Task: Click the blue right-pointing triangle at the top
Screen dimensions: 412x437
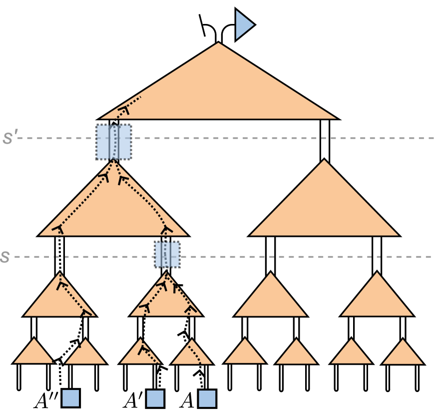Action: click(243, 24)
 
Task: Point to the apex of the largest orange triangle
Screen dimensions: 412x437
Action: click(218, 44)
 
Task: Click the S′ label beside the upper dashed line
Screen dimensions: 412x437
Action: click(8, 138)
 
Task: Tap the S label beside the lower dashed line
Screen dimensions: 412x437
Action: click(5, 257)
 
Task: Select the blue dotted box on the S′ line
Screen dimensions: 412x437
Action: click(114, 142)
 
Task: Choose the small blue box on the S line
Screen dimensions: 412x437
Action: click(167, 254)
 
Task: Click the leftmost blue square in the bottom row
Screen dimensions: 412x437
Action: click(71, 398)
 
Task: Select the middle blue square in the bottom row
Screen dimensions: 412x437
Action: click(155, 399)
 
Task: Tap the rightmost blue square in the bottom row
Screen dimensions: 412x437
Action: click(207, 399)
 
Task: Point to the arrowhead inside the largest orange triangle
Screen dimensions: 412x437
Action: click(123, 110)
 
